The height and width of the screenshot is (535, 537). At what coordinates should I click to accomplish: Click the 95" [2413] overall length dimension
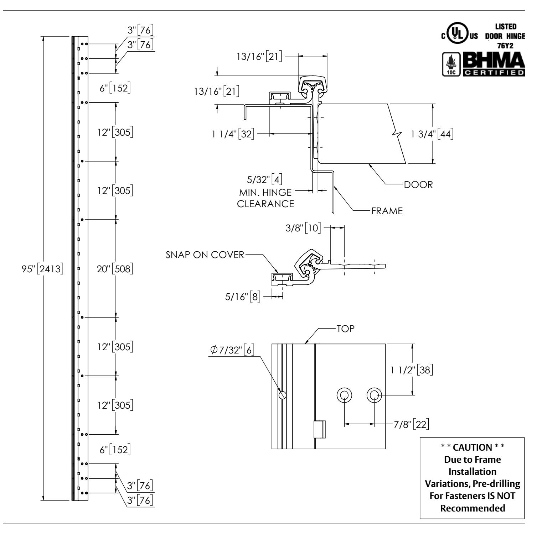click(x=43, y=270)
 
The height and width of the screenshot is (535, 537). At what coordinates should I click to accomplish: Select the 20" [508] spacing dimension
click(x=115, y=269)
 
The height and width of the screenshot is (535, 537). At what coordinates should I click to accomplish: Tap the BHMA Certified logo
click(x=494, y=64)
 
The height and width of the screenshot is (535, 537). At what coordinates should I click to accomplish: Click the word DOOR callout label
click(x=418, y=185)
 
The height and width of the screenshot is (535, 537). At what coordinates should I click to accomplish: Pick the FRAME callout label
click(x=387, y=211)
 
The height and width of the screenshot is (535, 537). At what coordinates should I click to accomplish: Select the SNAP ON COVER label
click(x=205, y=255)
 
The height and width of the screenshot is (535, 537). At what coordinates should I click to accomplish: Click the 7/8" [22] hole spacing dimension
click(x=411, y=425)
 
